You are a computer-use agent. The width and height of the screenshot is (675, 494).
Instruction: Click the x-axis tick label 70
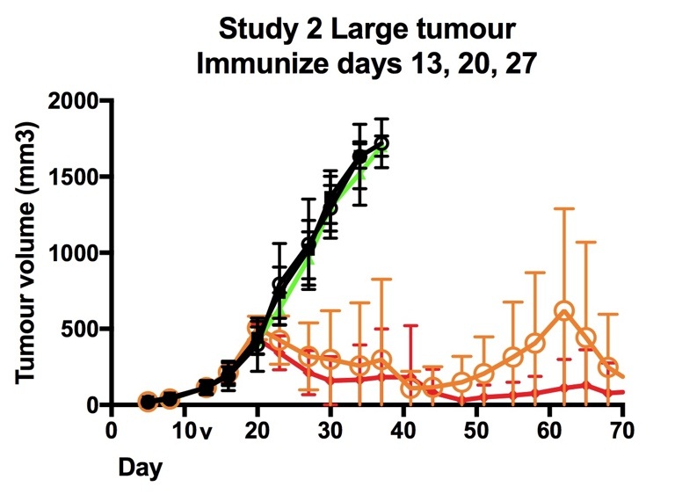[622, 432]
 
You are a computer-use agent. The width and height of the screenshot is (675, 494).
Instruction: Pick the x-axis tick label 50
[476, 432]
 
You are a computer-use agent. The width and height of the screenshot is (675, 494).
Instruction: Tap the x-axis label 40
[403, 432]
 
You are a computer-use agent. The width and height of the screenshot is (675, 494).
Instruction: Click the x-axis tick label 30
[330, 432]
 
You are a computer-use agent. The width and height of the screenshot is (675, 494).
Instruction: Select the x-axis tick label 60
[549, 432]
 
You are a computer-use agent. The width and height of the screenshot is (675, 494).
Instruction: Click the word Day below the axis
[141, 468]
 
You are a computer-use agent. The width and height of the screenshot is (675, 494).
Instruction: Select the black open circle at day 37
[381, 143]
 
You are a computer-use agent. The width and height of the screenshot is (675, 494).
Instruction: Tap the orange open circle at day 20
[258, 329]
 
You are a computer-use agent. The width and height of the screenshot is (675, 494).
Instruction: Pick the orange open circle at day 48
[462, 381]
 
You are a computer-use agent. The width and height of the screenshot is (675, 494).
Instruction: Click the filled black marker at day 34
[359, 156]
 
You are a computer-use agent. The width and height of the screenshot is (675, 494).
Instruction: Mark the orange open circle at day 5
[148, 402]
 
